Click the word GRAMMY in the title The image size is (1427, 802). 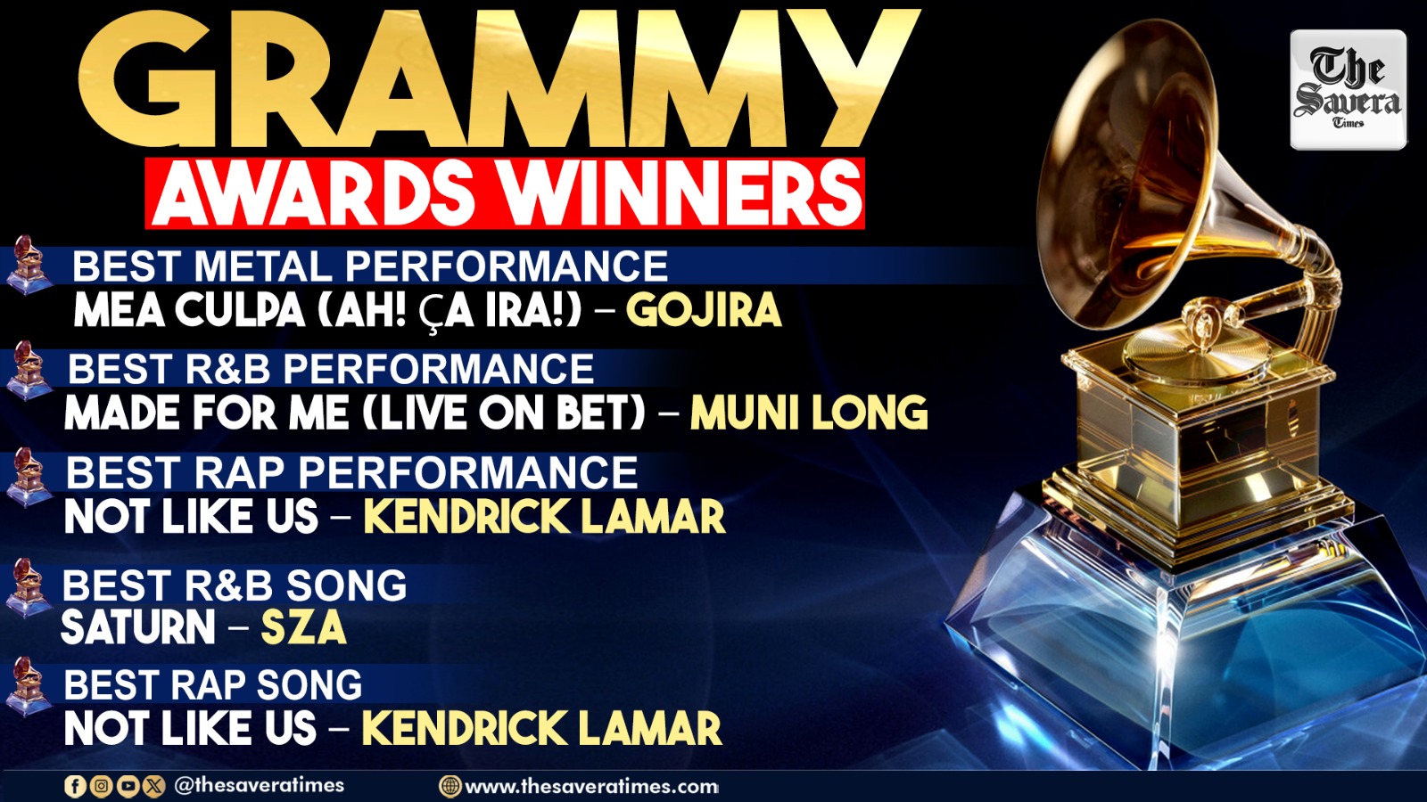click(x=499, y=79)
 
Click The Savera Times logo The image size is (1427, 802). click(x=1348, y=90)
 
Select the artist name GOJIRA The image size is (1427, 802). click(x=704, y=309)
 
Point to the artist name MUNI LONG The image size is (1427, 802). click(x=809, y=413)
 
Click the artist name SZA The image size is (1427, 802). click(x=304, y=627)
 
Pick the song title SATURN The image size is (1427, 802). click(x=138, y=627)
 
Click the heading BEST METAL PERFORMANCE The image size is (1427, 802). click(x=370, y=266)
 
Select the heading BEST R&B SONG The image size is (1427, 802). click(x=235, y=585)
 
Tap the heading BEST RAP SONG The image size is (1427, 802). click(x=213, y=685)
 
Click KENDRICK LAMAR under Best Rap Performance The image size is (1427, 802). click(x=545, y=516)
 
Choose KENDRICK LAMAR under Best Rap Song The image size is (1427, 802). click(x=542, y=727)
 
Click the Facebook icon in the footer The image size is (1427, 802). click(x=75, y=786)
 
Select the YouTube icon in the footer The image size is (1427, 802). click(x=128, y=786)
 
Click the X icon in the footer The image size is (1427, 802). click(x=154, y=786)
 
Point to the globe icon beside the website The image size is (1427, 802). click(x=450, y=787)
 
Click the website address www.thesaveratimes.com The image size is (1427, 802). click(x=592, y=787)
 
